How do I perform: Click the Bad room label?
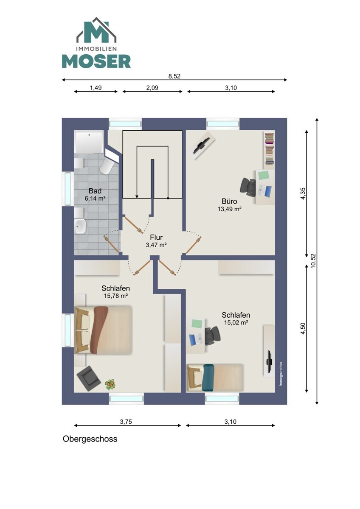click(x=95, y=190)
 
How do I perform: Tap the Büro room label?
click(x=229, y=201)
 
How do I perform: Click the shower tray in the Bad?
click(x=89, y=142)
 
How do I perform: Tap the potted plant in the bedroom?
click(x=110, y=384)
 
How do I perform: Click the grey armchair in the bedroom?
click(x=88, y=378)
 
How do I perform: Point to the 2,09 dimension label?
click(x=152, y=88)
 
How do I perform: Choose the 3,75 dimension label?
click(x=126, y=422)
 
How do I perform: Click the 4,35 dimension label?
click(x=303, y=193)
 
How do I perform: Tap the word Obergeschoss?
click(x=90, y=439)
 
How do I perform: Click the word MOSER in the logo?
click(x=96, y=61)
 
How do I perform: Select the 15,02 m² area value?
click(x=236, y=322)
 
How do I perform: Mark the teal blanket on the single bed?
click(x=208, y=378)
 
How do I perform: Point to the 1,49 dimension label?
click(x=96, y=88)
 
